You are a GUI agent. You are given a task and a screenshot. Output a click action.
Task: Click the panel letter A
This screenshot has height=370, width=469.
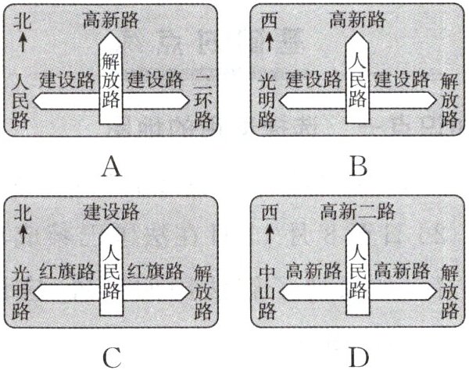click(x=113, y=166)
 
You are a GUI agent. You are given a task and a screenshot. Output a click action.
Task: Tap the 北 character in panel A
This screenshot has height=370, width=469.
click(x=23, y=21)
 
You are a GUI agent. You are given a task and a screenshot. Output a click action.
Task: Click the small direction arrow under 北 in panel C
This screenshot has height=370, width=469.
click(x=23, y=232)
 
